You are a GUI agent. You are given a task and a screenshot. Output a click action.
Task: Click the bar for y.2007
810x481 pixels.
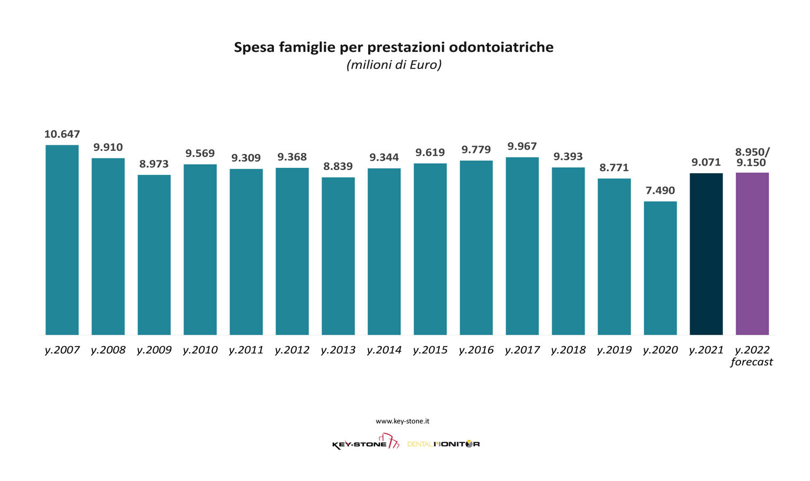[x=62, y=240]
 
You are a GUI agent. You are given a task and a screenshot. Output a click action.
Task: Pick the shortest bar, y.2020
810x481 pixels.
[x=660, y=268]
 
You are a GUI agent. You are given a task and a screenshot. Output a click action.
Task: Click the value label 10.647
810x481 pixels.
[x=62, y=134]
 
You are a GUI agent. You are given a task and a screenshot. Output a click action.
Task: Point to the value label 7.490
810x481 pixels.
[x=660, y=190]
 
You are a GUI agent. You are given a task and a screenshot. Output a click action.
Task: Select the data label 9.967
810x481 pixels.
[x=522, y=146]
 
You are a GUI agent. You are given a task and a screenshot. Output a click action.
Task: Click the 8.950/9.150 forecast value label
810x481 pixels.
[x=752, y=157]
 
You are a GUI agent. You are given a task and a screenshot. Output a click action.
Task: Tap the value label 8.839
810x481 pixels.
[x=338, y=166]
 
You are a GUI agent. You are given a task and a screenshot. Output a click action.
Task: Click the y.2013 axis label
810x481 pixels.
[x=338, y=350]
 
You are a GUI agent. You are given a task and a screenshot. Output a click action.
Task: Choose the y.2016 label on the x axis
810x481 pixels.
[x=476, y=350]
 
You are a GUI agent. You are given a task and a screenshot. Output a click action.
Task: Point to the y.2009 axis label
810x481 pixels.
[x=154, y=350]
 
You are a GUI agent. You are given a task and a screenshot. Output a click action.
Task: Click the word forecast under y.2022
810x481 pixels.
[x=752, y=362]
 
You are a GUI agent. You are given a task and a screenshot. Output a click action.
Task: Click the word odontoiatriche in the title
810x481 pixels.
[x=501, y=47]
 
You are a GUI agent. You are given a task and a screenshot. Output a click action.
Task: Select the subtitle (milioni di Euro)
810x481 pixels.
[x=394, y=65]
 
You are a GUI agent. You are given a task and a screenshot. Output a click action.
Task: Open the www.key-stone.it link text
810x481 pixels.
[x=402, y=421]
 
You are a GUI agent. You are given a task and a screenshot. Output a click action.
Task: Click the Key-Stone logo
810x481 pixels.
[x=365, y=443]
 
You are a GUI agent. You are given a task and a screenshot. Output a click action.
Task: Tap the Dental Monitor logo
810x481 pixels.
[x=443, y=444]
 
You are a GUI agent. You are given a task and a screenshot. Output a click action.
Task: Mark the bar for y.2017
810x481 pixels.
[x=522, y=246]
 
